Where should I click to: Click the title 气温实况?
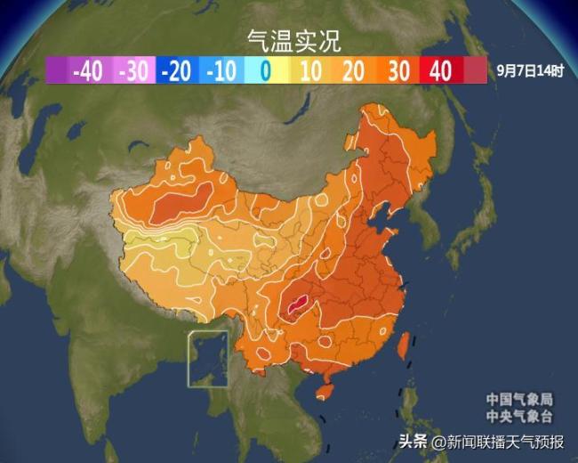(x=293, y=40)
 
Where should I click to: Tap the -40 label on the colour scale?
(x=89, y=71)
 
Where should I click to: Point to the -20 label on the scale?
(x=179, y=71)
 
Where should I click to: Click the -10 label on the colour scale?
(x=222, y=71)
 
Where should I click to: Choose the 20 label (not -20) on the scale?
(x=354, y=71)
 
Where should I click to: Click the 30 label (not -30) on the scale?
(x=397, y=71)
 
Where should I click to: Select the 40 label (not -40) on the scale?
(x=441, y=71)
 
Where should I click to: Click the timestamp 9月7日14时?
(x=530, y=70)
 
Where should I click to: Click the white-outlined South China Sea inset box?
(x=207, y=359)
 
